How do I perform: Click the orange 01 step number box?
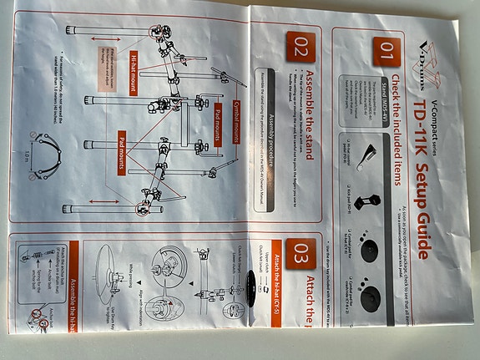[x=386, y=53]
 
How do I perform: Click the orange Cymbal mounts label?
[x=220, y=114]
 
